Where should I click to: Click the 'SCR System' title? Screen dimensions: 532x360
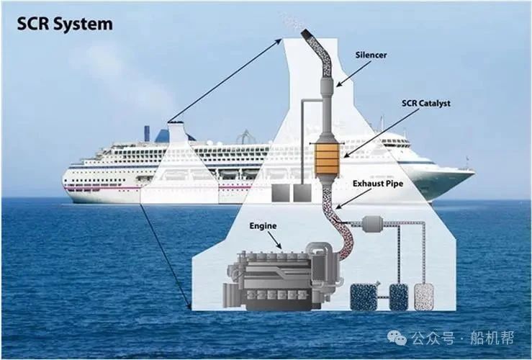[x=65, y=24]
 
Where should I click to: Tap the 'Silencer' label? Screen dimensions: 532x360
[x=371, y=55]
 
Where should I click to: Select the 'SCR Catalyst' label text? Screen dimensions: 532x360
[x=425, y=103]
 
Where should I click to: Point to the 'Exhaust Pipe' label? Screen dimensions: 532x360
[x=378, y=184]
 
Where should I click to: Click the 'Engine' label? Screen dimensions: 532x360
[x=263, y=226]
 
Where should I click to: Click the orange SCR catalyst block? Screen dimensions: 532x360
[x=327, y=159]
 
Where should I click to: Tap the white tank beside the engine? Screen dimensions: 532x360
[x=424, y=297]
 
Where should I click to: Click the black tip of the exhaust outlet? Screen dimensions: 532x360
[x=307, y=33]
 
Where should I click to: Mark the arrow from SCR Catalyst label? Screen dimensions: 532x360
[x=381, y=133]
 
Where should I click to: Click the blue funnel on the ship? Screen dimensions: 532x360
[x=147, y=133]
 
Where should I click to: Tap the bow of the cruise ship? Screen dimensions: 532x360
[x=468, y=172]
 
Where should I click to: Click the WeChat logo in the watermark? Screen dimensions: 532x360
[x=397, y=337]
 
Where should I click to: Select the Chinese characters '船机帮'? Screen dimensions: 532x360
[x=492, y=338]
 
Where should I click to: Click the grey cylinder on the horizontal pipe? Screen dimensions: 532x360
[x=372, y=224]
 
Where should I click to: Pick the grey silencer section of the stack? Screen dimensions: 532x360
[x=328, y=87]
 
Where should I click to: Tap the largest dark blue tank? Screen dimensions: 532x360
[x=364, y=297]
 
